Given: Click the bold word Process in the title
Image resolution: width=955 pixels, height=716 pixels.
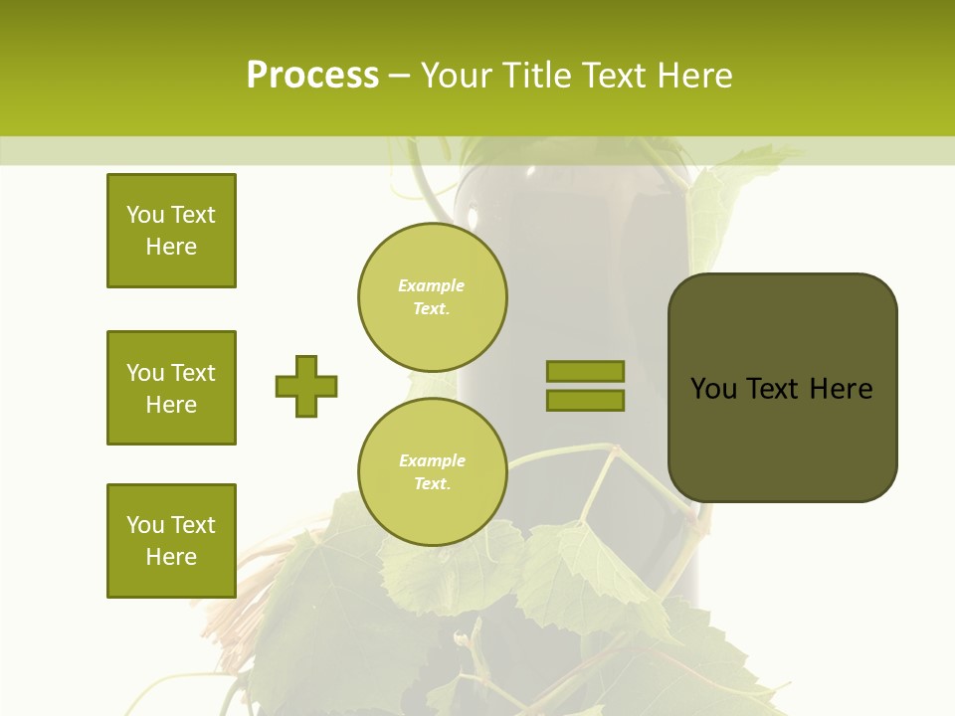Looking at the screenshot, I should [x=312, y=76].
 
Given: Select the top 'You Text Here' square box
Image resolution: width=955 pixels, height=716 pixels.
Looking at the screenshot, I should [x=171, y=231].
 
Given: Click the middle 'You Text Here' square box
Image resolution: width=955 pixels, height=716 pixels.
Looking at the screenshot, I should [x=171, y=388].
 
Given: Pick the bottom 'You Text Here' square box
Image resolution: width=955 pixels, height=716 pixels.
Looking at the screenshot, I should [x=171, y=541].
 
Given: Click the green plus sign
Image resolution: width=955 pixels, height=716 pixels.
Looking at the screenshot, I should [x=306, y=386].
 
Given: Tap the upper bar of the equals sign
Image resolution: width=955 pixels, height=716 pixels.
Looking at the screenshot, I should [x=585, y=371].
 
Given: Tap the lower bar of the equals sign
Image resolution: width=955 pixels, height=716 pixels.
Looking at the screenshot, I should [x=585, y=400].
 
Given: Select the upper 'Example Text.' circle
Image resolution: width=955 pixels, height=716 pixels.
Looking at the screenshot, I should [x=433, y=297].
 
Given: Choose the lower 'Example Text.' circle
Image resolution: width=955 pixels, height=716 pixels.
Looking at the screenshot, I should [x=433, y=472].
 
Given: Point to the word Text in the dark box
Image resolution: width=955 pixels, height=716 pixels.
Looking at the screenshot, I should [x=773, y=389].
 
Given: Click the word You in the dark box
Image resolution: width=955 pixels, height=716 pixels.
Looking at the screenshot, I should [x=713, y=389].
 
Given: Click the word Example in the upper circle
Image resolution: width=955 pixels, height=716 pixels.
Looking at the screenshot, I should [x=432, y=285].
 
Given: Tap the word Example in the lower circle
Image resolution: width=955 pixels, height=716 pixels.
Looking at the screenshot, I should [x=432, y=460].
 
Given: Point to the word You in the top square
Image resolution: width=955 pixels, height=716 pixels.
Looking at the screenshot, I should [x=145, y=215].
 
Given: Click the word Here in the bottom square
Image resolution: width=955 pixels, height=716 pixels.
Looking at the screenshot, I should [x=171, y=557].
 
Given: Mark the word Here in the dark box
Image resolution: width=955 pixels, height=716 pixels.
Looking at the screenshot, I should [x=841, y=389].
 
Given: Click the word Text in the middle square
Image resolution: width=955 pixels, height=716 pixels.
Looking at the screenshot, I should [x=193, y=373].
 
